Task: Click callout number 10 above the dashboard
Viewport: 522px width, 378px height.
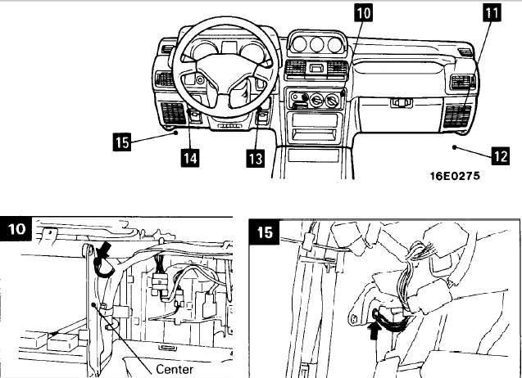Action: click(x=363, y=13)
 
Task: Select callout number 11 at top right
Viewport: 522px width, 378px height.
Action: click(x=490, y=13)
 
